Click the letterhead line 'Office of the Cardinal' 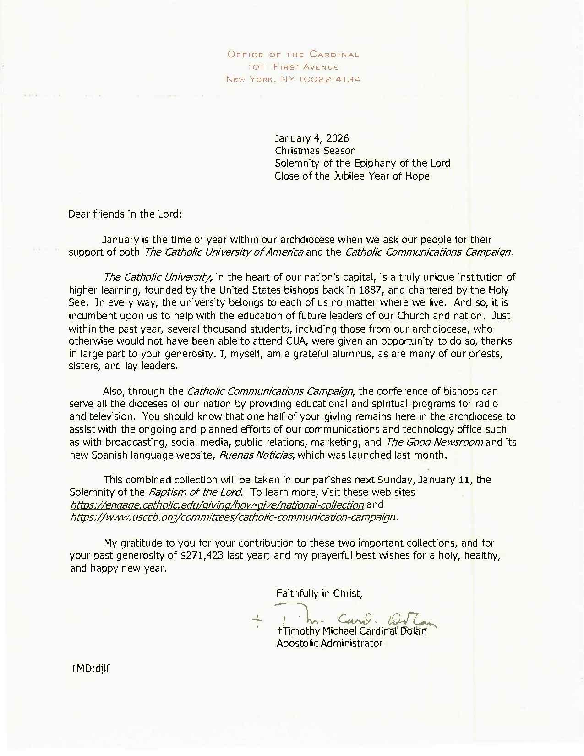(x=293, y=55)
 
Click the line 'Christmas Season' (x=315, y=150)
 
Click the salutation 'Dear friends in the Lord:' (x=126, y=214)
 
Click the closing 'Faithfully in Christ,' (x=320, y=593)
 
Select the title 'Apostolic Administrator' (x=329, y=643)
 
